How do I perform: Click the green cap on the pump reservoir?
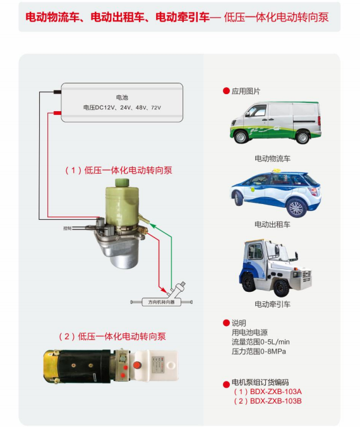tap(122, 183)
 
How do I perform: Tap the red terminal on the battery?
tap(57, 112)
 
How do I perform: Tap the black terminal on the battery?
tap(57, 92)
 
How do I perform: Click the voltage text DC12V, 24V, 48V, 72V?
tap(122, 107)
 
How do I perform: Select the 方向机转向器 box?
tap(161, 302)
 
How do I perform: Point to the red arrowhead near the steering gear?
tap(164, 289)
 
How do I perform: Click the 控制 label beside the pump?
tap(67, 228)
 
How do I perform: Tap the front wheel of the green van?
tap(241, 136)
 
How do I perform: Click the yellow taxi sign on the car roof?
tap(275, 171)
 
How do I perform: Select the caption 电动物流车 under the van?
tap(272, 159)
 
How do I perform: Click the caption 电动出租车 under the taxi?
tap(272, 224)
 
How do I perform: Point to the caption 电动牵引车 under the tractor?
tap(272, 304)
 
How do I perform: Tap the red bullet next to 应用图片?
tap(226, 91)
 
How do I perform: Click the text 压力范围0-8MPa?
tap(259, 351)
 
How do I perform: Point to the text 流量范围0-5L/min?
tap(261, 342)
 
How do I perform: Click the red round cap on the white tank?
tap(136, 364)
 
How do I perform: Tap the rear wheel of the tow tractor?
tap(281, 287)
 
